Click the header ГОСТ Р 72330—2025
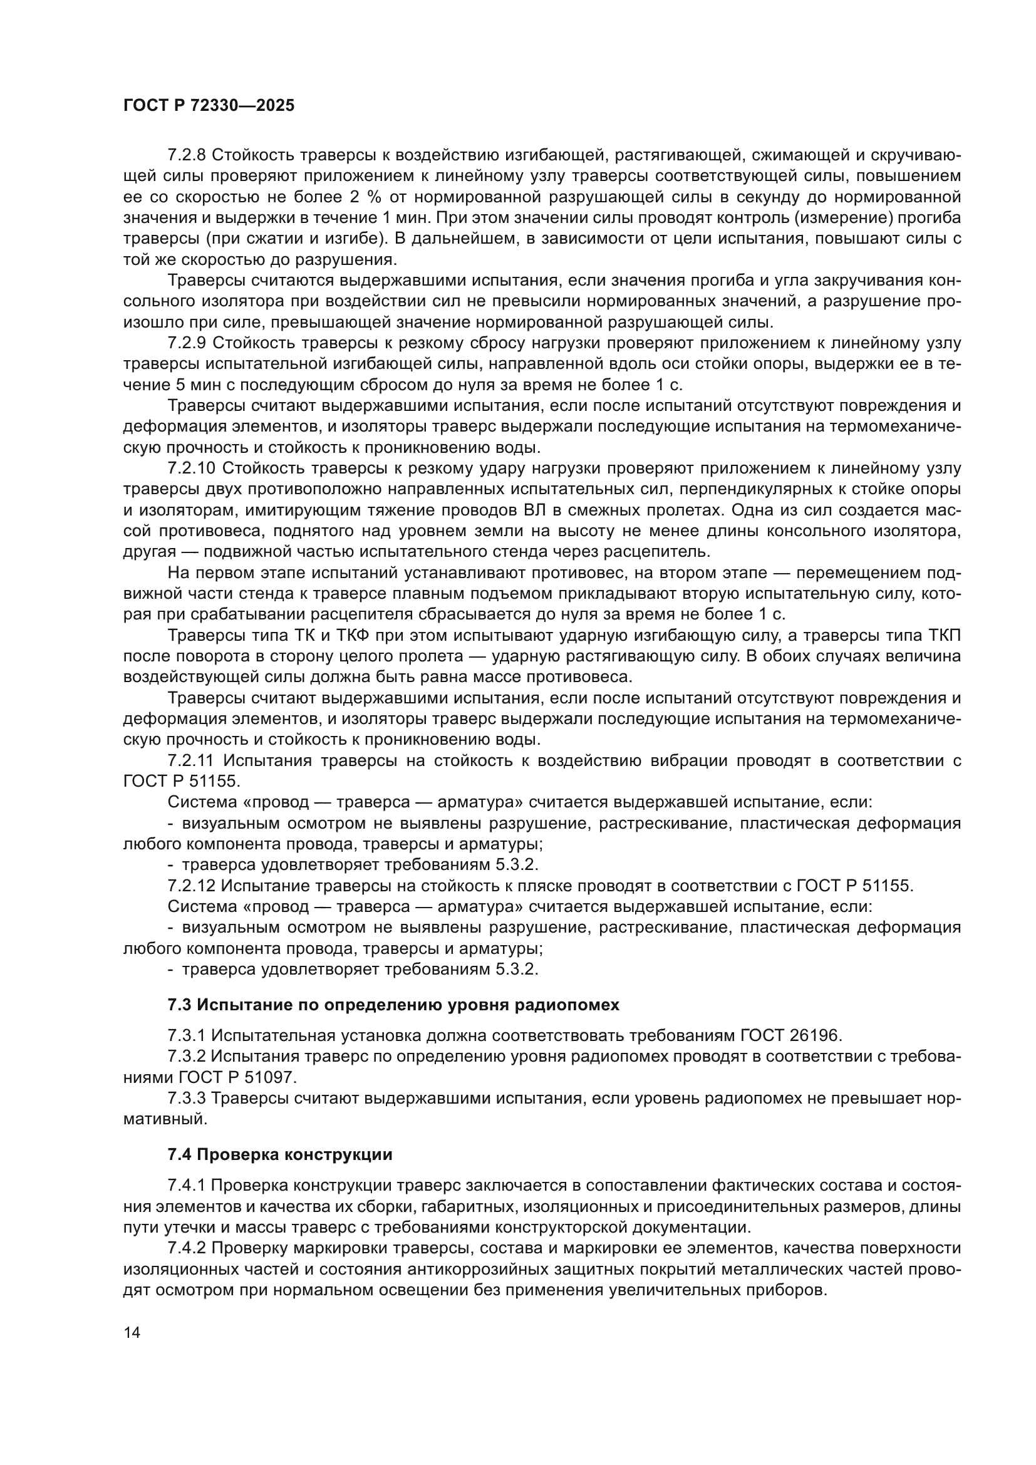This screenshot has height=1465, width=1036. [209, 106]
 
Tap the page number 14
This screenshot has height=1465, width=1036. [132, 1332]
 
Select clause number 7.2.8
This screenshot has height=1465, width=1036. [189, 155]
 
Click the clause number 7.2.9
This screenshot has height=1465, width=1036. [189, 343]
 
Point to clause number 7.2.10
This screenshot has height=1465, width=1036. [193, 468]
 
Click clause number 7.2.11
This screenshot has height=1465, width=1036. [193, 760]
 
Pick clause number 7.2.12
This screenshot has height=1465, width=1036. [193, 886]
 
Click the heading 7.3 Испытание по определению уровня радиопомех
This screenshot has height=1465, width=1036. [393, 1005]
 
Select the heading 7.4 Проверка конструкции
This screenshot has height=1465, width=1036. [279, 1154]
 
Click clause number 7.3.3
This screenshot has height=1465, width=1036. [189, 1097]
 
